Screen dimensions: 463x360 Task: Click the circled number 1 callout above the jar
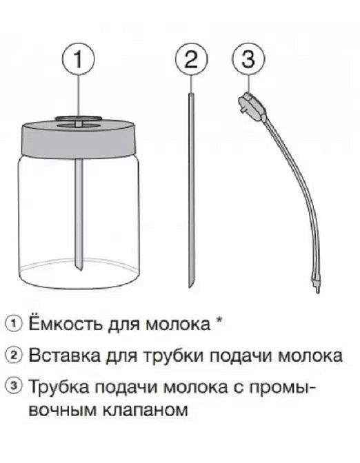[80, 60]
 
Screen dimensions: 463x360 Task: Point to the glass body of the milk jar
[41, 220]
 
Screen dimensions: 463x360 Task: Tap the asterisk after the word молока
[219, 321]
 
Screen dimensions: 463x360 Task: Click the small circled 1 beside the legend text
[12, 323]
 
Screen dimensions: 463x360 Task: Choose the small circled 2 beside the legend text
[12, 356]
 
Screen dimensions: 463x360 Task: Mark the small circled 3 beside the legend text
[12, 389]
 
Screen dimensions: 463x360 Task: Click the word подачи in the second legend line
[241, 356]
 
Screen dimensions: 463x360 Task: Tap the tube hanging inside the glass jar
[81, 214]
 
